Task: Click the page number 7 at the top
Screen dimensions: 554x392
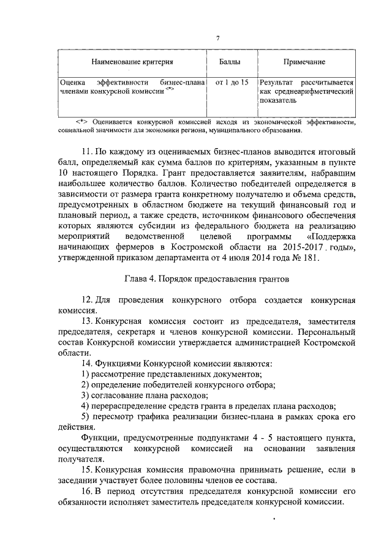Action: tap(217, 40)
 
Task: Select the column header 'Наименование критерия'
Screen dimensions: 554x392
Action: tap(132, 62)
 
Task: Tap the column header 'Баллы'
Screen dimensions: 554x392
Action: tap(230, 62)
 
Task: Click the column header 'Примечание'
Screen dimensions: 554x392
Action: tap(304, 62)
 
